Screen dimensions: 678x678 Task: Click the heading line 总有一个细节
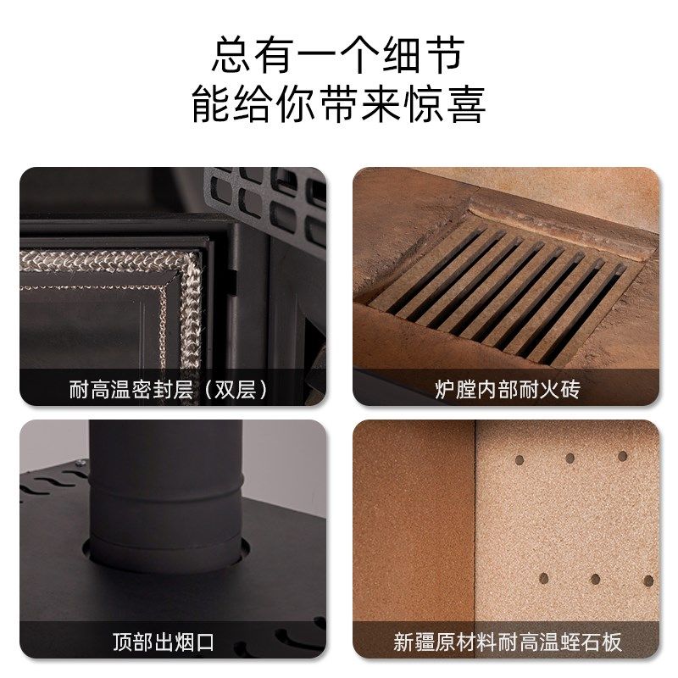click(x=338, y=56)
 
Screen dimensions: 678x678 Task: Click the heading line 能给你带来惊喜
click(x=338, y=106)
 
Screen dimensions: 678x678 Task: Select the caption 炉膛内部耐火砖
click(x=507, y=390)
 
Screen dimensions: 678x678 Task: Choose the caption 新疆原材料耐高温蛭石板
click(x=507, y=642)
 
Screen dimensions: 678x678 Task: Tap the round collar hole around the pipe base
click(x=165, y=555)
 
